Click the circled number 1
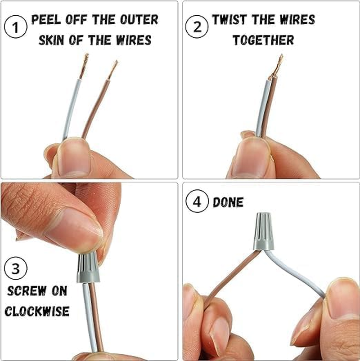[x=16, y=27]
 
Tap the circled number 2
[x=197, y=27]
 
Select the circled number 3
[x=16, y=268]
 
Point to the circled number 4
[x=197, y=201]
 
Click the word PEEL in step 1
[x=46, y=20]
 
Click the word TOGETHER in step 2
[x=263, y=40]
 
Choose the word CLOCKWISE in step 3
[x=37, y=311]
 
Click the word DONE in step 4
[x=228, y=202]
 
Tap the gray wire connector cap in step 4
[x=264, y=232]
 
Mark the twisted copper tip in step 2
[x=277, y=67]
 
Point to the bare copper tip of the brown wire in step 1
[x=112, y=70]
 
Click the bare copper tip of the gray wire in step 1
[x=84, y=66]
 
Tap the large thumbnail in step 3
[x=74, y=230]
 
